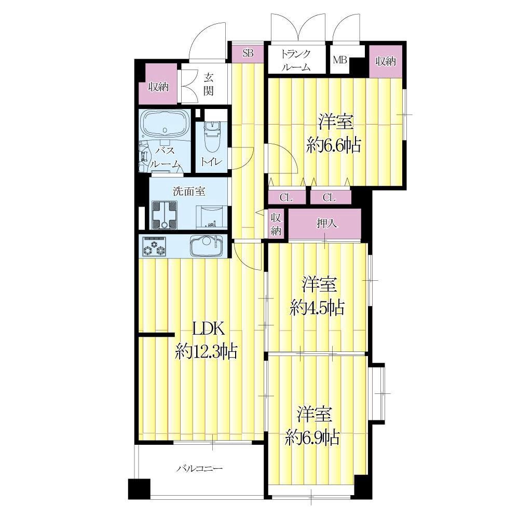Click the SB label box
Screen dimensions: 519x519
coord(248,53)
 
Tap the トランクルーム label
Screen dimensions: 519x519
coord(296,60)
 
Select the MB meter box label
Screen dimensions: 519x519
coord(339,60)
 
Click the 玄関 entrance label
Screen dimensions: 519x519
coord(208,84)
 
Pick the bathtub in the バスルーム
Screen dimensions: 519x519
coord(165,124)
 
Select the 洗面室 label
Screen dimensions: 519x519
coord(189,191)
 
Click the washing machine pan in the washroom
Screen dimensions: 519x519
coord(164,215)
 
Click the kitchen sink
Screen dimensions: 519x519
coord(207,245)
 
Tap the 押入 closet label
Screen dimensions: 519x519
coord(326,224)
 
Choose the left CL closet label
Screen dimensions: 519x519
coord(286,198)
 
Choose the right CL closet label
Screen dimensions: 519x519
coord(329,198)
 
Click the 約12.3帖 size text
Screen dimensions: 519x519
coord(207,351)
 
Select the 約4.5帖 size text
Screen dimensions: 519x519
coord(318,307)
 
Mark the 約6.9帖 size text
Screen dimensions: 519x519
coord(313,438)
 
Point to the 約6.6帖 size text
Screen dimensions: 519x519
coord(334,145)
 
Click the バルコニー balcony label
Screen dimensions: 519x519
coord(199,469)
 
